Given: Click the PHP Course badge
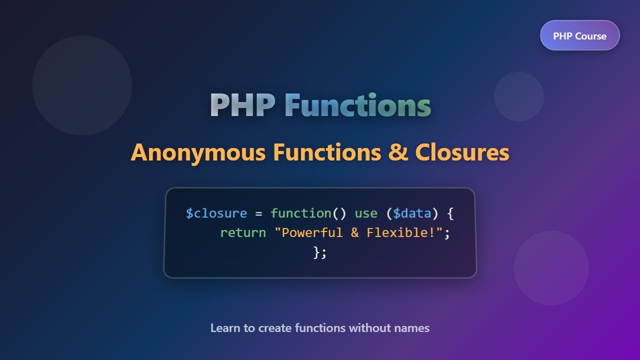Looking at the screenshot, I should (579, 36).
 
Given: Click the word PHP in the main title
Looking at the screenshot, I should (242, 105).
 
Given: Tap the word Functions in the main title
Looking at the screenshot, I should (357, 105).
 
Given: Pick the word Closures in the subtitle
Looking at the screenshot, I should (462, 152).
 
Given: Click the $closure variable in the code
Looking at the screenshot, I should (216, 213).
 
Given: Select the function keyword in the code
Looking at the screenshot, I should (300, 213).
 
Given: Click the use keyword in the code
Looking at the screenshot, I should (366, 213).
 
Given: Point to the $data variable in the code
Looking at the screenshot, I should (412, 213).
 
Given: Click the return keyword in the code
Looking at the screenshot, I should (243, 233).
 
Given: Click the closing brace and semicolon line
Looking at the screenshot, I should (320, 252).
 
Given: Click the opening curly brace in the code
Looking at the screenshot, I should (450, 213).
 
